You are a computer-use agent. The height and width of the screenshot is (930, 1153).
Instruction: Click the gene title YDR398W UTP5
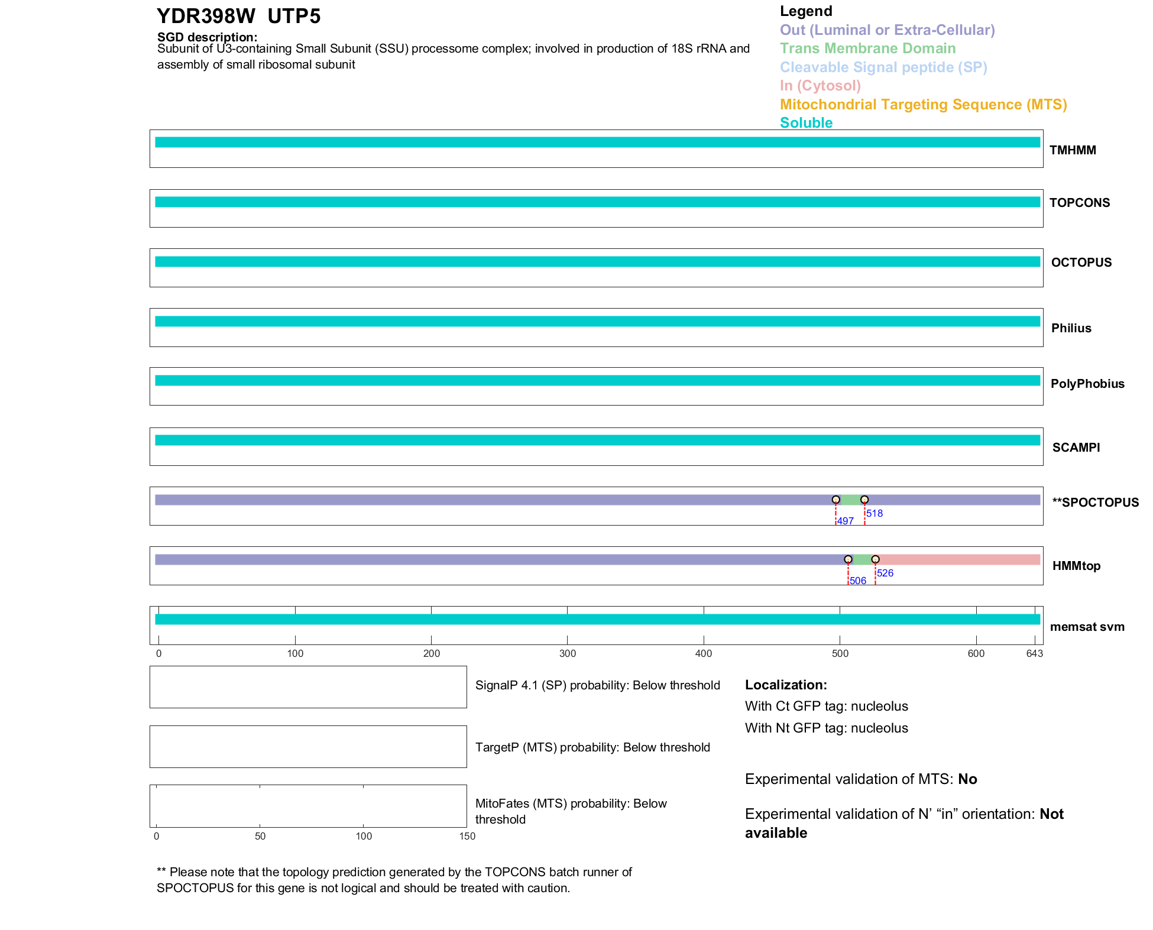[238, 17]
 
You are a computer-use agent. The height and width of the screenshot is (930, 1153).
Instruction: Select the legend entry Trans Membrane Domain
[867, 48]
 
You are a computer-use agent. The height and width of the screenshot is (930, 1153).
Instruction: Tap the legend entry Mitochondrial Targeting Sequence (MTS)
[923, 105]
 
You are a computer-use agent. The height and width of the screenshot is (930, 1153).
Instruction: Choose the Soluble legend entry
[806, 123]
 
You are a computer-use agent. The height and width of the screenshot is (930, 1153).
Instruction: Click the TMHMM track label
[1073, 150]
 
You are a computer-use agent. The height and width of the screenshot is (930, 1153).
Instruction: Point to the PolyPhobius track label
[1087, 384]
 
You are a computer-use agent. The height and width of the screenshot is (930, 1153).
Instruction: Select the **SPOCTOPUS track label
[1095, 503]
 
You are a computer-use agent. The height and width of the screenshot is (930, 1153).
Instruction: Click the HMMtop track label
[1076, 566]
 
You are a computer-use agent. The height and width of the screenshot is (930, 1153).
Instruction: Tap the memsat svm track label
[1087, 627]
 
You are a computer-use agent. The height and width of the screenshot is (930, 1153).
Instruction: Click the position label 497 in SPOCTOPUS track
[846, 521]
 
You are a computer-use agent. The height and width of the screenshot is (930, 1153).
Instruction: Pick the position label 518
[875, 513]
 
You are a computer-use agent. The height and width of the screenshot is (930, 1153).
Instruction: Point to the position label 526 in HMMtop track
[885, 573]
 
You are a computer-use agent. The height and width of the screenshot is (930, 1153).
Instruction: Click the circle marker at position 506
[848, 559]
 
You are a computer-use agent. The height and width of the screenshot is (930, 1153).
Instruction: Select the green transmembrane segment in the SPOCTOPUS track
[850, 500]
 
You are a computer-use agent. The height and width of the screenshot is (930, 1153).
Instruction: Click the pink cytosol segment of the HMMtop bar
[958, 559]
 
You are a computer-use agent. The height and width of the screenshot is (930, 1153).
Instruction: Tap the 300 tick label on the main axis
[568, 653]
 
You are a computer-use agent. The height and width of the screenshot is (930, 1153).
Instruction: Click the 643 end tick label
[1035, 653]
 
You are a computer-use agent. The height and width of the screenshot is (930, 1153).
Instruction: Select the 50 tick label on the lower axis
[260, 836]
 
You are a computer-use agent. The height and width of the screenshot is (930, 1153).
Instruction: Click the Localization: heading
[786, 685]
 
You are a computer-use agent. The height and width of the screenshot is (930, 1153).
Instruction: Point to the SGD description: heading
[207, 37]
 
